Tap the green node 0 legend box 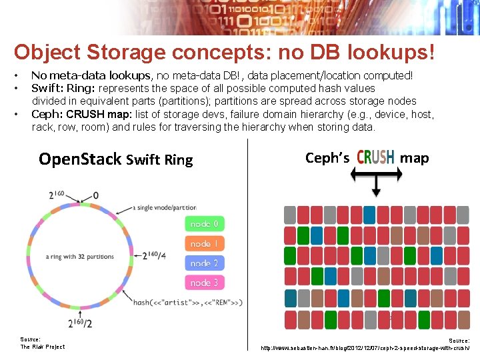click(x=204, y=224)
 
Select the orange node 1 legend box click(x=204, y=244)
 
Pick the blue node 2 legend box click(x=204, y=263)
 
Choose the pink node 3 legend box click(x=204, y=283)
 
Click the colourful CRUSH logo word click(x=375, y=157)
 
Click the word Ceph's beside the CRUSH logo click(x=327, y=158)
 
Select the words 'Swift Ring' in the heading click(x=159, y=159)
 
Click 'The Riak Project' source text click(x=43, y=347)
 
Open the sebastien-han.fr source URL click(x=365, y=348)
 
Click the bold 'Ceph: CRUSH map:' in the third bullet click(x=81, y=114)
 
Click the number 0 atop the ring click(x=96, y=195)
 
